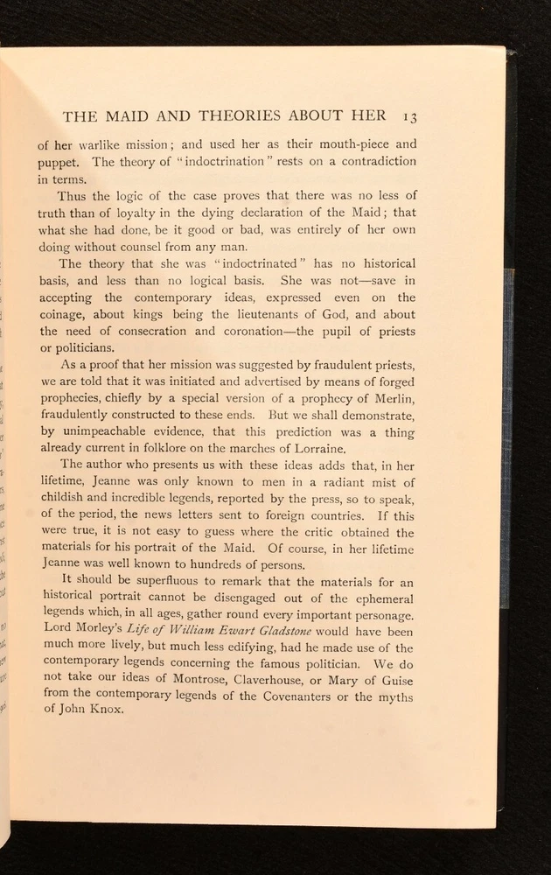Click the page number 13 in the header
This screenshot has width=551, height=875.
click(x=408, y=115)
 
